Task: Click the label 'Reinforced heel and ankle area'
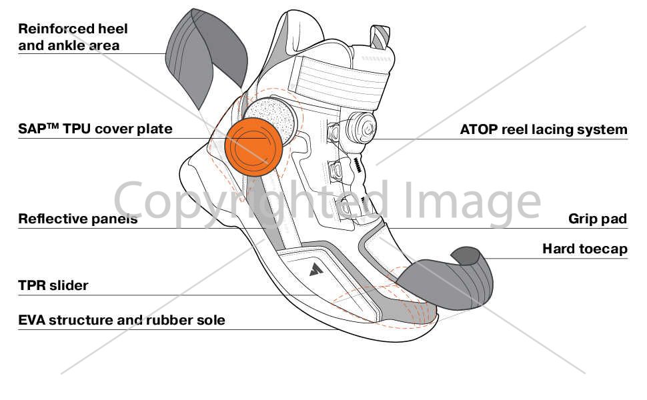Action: tap(73, 37)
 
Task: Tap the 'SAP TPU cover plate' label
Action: tap(95, 129)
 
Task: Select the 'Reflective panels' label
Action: tap(78, 219)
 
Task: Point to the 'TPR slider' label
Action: tap(53, 285)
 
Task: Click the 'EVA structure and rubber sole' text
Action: tap(121, 320)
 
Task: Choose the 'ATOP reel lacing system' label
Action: tap(544, 129)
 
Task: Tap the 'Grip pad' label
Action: tap(598, 219)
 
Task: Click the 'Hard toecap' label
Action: tap(585, 249)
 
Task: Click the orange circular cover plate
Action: tap(253, 147)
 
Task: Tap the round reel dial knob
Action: tap(362, 128)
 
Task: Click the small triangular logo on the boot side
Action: tap(316, 269)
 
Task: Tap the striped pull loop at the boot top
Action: tap(380, 37)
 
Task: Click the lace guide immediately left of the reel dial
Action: tap(334, 132)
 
